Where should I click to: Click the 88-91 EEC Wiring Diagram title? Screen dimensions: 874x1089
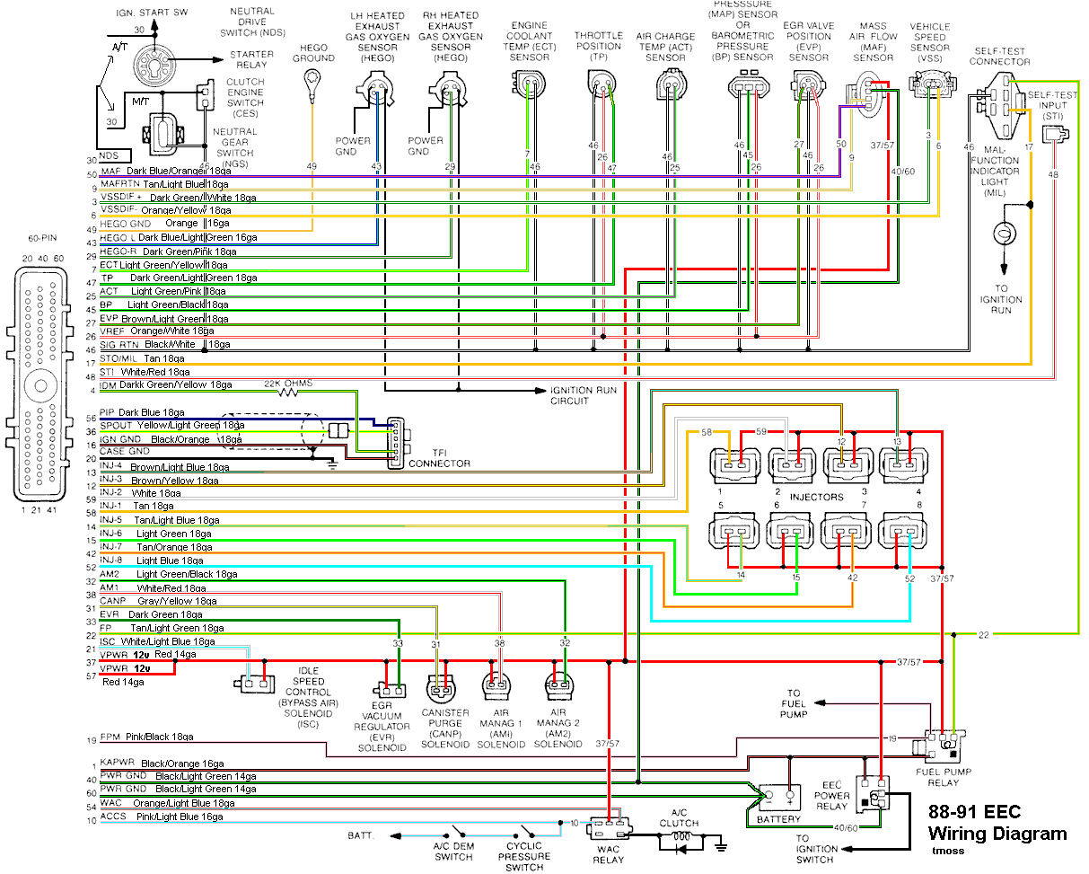997,823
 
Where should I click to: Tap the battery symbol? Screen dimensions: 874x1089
777,796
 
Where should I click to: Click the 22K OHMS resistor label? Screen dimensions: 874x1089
287,384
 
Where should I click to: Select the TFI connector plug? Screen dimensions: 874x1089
395,441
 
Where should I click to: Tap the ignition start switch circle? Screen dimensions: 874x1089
154,63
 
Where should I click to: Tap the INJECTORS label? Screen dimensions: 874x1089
816,496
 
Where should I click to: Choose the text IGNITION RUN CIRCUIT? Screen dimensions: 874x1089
584,395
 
